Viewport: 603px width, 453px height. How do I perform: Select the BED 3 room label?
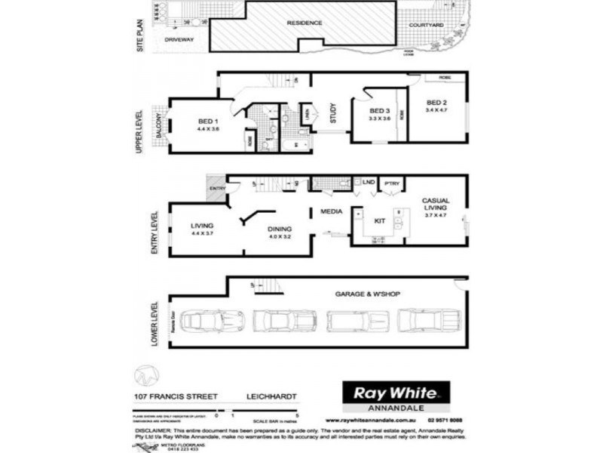378,110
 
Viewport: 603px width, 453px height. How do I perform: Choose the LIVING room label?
202,225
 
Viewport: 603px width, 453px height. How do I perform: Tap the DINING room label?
280,229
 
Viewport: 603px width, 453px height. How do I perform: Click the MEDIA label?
332,211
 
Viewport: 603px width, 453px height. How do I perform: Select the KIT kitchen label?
380,220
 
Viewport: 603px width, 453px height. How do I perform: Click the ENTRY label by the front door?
218,189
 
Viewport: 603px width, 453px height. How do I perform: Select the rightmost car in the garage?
429,320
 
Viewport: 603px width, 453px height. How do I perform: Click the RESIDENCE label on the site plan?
305,23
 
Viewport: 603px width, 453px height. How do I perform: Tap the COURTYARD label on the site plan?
426,25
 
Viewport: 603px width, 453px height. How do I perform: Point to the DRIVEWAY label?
179,39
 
